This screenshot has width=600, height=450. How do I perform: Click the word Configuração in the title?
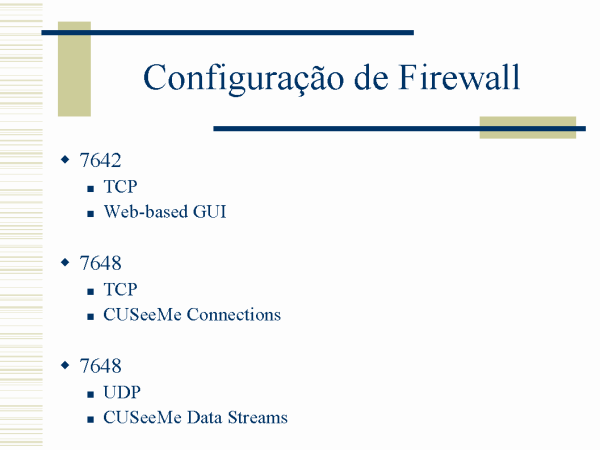244,80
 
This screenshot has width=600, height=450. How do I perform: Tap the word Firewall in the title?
459,77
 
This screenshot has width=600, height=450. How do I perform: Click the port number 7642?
100,160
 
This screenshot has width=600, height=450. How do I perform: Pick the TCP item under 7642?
120,187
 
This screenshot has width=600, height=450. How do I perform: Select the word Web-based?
146,212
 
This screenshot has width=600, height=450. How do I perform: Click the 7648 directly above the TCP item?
100,263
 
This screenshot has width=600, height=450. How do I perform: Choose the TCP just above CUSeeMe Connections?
120,290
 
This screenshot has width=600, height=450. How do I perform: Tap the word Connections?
234,315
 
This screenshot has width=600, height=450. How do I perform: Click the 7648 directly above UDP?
100,365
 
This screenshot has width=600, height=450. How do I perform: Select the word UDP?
122,392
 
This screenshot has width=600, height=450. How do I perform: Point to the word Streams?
258,417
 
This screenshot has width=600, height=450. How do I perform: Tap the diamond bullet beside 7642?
65,159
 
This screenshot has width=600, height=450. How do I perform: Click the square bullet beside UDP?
91,395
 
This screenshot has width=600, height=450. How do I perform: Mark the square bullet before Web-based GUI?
91,214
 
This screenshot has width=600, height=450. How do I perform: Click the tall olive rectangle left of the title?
74,69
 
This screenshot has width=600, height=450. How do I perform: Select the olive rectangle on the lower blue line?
528,127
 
